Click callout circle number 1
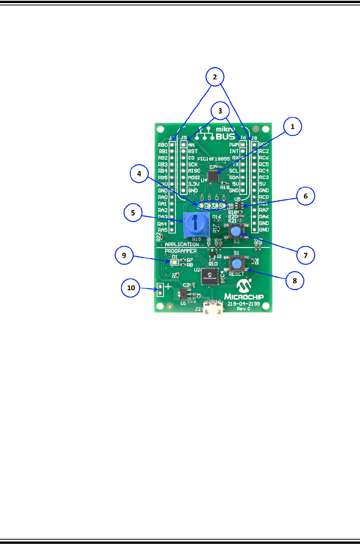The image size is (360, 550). coord(292,127)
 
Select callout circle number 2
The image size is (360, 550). coord(215,77)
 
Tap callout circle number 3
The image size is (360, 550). coord(220,111)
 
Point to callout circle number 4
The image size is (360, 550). coord(139,174)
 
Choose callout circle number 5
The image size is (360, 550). coord(133,213)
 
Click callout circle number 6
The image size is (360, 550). coord(305,196)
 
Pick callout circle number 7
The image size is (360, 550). coord(305,255)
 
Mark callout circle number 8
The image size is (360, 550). coord(295,281)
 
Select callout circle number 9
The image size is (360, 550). coord(124,255)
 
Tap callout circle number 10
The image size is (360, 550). coord(131,288)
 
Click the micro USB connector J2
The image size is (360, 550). coord(214,308)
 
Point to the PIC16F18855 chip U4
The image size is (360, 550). coord(213,176)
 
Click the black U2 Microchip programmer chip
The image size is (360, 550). coord(210,276)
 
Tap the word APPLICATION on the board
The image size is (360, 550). coord(182,244)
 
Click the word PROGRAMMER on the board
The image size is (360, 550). coord(180,251)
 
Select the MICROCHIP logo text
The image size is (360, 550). coord(244,296)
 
